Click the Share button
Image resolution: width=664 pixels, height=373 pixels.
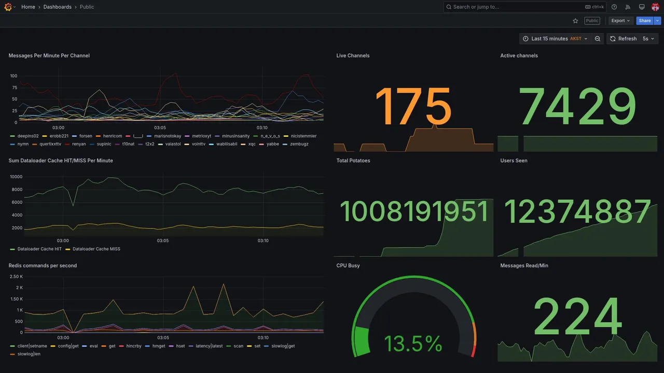[645, 21]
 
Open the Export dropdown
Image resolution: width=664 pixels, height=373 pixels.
[620, 21]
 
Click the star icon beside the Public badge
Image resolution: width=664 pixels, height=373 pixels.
[575, 21]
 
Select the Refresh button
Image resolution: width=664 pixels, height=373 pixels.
[623, 39]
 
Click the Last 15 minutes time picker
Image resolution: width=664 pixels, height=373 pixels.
[555, 39]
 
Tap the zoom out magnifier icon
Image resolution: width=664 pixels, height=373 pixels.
[598, 39]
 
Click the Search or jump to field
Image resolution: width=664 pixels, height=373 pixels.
[514, 7]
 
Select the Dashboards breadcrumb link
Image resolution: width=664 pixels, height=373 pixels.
[58, 7]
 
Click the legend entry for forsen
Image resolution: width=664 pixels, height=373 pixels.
[86, 136]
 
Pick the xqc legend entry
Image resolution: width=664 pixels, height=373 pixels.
[252, 144]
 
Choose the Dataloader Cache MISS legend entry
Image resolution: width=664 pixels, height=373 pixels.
[96, 249]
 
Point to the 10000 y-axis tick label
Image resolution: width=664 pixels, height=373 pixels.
[16, 177]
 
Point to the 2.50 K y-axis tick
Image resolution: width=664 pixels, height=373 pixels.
[16, 277]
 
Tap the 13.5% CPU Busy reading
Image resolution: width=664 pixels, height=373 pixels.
[413, 344]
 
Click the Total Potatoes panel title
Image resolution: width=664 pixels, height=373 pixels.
[353, 161]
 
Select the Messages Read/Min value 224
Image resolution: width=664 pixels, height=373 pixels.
[577, 317]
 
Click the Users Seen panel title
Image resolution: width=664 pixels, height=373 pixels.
[514, 161]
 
